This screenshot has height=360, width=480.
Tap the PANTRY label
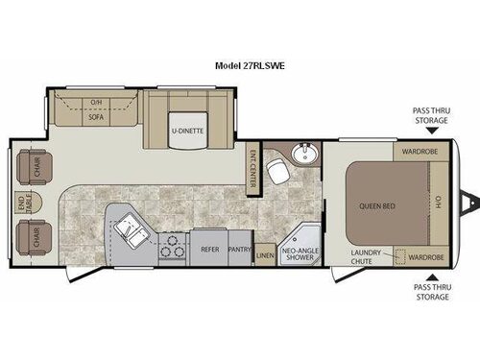241,246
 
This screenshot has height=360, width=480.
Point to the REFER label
208,246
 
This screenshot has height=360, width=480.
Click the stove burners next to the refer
172,248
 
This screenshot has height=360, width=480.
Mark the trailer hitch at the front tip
470,204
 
